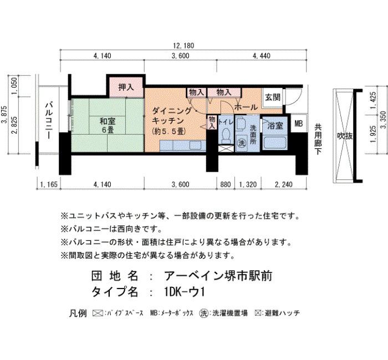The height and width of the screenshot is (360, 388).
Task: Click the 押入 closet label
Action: pyautogui.click(x=126, y=87)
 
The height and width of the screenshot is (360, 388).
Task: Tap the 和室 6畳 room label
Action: pyautogui.click(x=108, y=126)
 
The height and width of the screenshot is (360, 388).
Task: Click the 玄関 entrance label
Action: pyautogui.click(x=273, y=97)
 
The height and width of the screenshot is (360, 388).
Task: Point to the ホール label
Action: pyautogui.click(x=246, y=107)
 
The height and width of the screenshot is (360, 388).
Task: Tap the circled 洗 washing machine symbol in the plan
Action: pyautogui.click(x=241, y=143)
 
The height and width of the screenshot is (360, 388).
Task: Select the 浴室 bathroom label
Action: pyautogui.click(x=275, y=126)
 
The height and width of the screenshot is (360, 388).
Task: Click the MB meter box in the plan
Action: pyautogui.click(x=298, y=123)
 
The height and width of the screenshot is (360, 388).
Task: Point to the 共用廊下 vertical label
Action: pyautogui.click(x=318, y=140)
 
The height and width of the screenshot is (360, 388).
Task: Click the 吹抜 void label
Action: pyautogui.click(x=345, y=136)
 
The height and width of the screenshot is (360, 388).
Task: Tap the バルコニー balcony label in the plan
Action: pyautogui.click(x=48, y=120)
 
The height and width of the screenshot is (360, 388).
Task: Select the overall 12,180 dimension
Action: pyautogui.click(x=183, y=46)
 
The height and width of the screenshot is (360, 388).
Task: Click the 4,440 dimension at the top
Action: pyautogui.click(x=261, y=56)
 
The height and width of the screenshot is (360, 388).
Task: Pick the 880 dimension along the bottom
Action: pyautogui.click(x=226, y=184)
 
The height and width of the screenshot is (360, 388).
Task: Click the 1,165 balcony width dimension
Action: pyautogui.click(x=49, y=184)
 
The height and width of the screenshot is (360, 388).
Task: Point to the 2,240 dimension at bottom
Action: pyautogui.click(x=284, y=184)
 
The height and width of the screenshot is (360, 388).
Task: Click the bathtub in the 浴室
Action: pyautogui.click(x=275, y=143)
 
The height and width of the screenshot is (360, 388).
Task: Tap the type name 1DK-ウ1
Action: pyautogui.click(x=185, y=292)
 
